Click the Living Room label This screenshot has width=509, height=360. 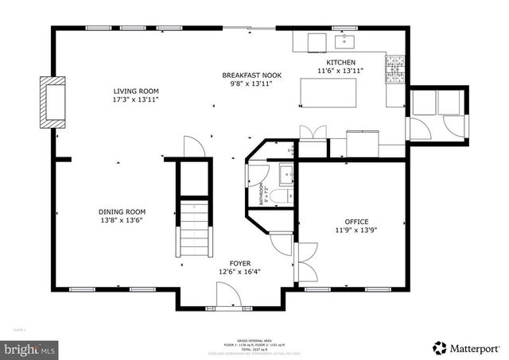point(135,91)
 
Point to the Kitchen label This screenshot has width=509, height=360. point(340,62)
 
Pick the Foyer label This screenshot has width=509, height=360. point(240,263)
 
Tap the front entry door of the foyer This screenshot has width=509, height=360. point(229,297)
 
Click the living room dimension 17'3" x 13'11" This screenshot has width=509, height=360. point(135,100)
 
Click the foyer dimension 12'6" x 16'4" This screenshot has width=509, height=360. point(240,272)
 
